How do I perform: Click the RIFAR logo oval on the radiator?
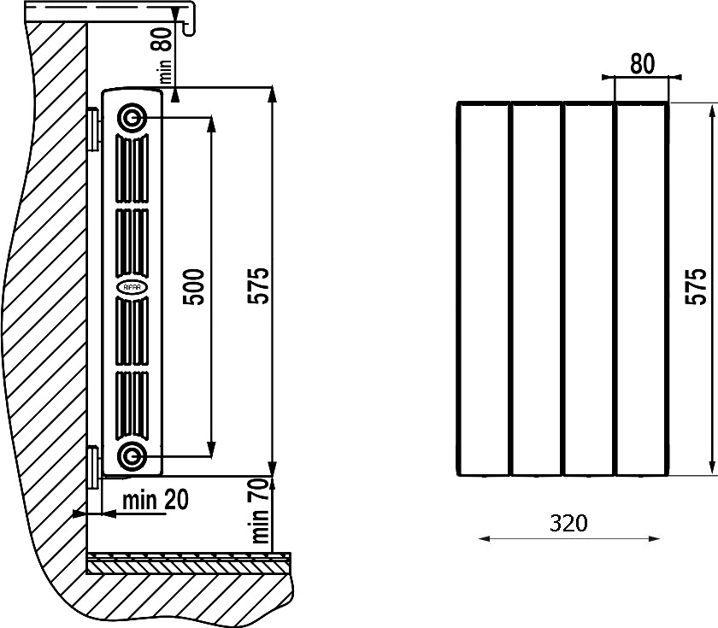click(132, 287)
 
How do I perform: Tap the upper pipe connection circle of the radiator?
click(132, 118)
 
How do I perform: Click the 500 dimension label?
click(193, 287)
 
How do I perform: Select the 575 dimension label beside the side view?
click(259, 285)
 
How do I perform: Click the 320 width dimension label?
click(568, 523)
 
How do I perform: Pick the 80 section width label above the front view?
click(643, 64)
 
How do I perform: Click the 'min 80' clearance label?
click(165, 55)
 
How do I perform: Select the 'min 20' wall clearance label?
click(156, 500)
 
